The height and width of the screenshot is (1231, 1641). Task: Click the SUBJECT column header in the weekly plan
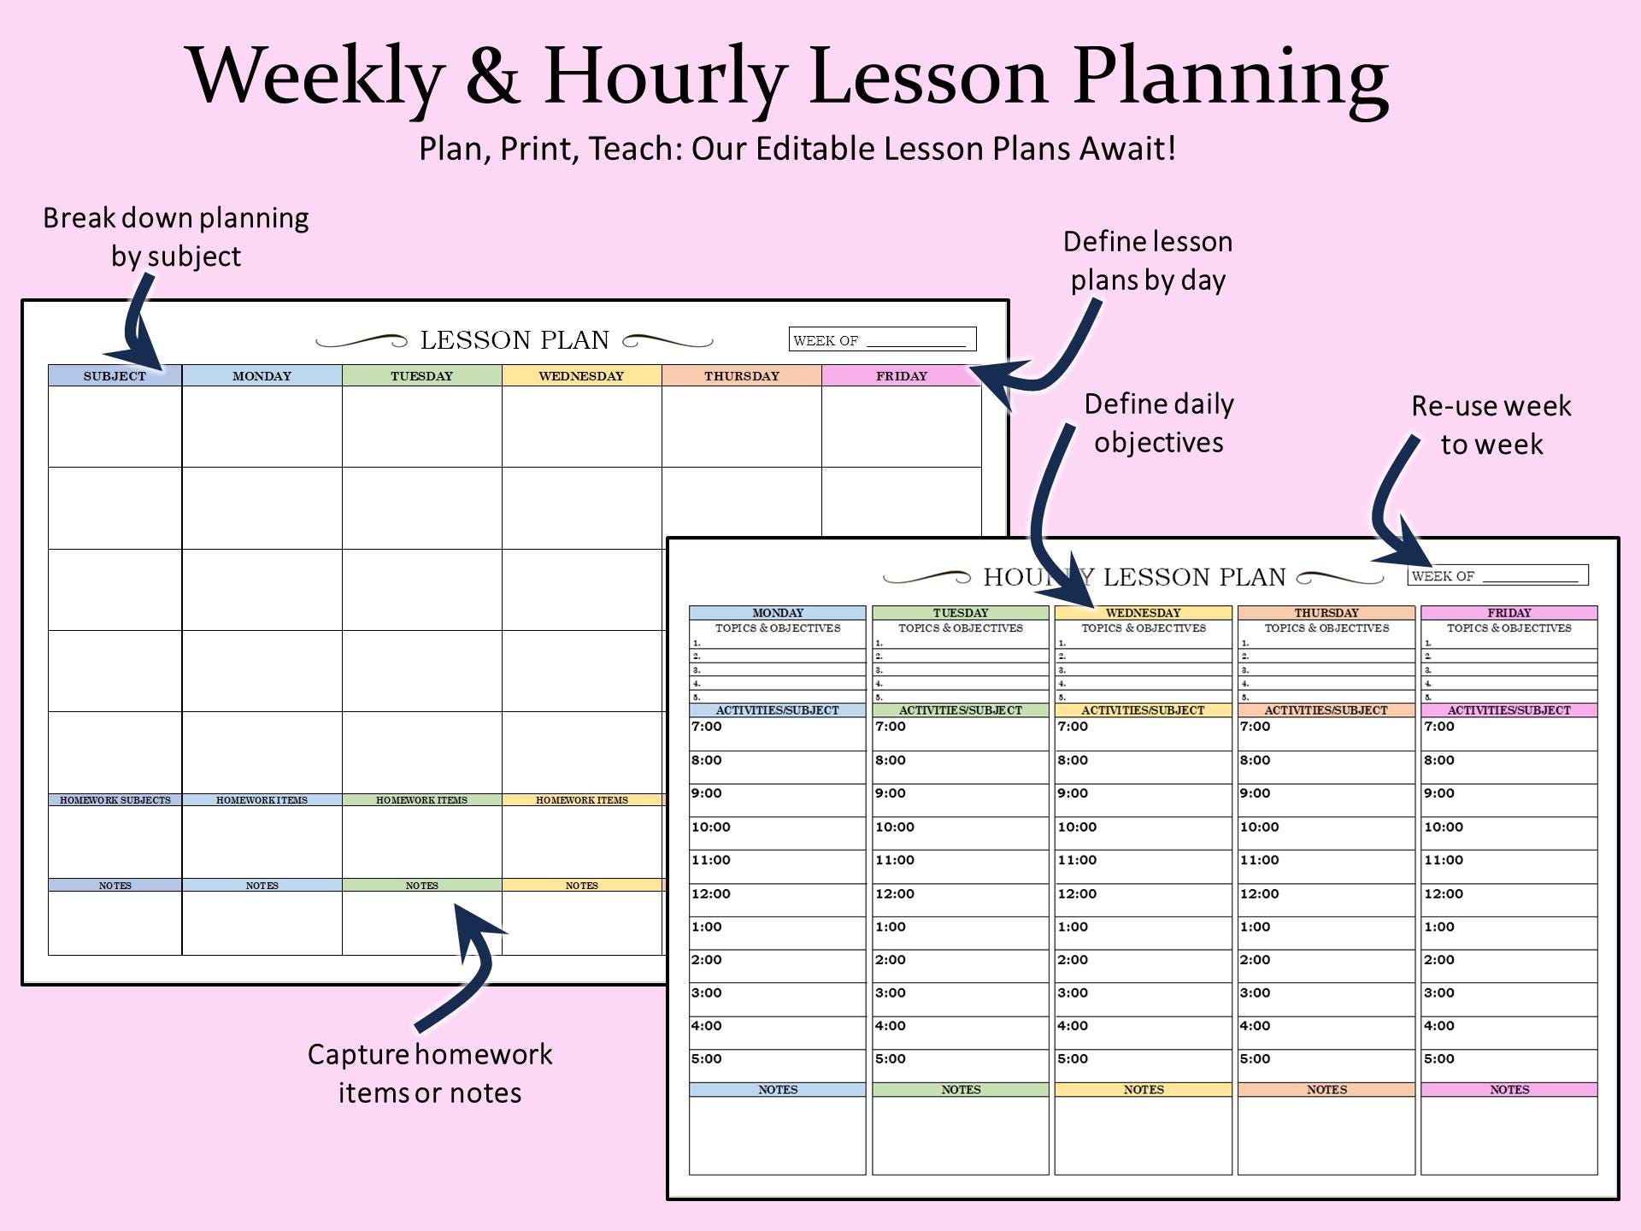tap(115, 376)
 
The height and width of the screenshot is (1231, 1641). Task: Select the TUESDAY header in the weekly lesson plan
tap(421, 376)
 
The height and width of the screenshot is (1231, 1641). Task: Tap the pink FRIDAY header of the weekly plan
tap(901, 376)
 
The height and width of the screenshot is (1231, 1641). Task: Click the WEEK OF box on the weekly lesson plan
tap(882, 339)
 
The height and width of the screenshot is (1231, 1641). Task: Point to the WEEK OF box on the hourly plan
tap(1497, 575)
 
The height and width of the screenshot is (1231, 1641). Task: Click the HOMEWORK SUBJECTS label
tap(115, 800)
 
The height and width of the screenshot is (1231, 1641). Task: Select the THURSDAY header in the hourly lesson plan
tap(1326, 613)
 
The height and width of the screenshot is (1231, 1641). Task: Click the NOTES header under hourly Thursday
tap(1326, 1090)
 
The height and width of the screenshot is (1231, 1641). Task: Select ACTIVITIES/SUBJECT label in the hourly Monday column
tap(777, 710)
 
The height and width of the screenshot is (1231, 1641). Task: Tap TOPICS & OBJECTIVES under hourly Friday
tap(1509, 628)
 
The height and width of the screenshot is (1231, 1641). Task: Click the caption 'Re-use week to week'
tap(1491, 425)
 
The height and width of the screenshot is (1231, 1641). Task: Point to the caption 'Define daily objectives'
tap(1159, 423)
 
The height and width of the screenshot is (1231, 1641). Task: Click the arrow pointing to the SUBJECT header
tap(138, 325)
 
